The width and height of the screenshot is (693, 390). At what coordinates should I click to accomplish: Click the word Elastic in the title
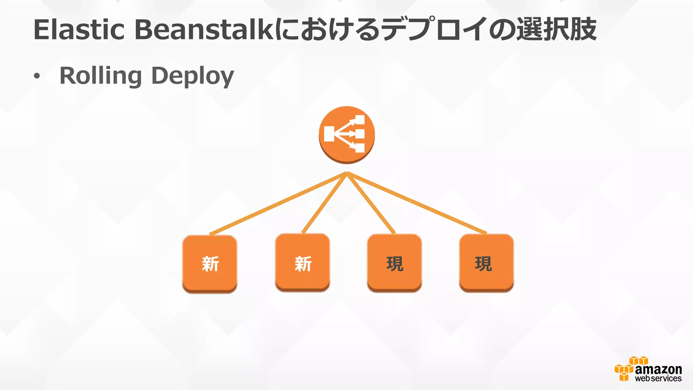click(79, 30)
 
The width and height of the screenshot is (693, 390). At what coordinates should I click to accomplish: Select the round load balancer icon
click(346, 134)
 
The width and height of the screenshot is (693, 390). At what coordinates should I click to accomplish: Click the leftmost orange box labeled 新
click(210, 264)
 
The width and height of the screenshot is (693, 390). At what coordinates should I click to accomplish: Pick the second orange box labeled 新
click(303, 263)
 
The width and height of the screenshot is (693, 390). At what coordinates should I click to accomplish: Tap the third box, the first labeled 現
click(395, 263)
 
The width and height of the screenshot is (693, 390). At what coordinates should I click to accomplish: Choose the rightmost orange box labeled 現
click(486, 263)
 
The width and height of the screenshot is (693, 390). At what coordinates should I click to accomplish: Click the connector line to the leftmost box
click(277, 203)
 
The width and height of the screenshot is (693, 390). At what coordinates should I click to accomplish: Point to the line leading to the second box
click(324, 203)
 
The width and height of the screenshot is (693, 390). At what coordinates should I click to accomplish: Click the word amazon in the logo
click(658, 369)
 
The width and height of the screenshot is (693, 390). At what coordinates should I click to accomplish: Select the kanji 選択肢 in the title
click(556, 30)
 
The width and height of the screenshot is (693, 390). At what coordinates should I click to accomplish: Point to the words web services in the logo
click(658, 378)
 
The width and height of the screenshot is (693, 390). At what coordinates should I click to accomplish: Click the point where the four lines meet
click(347, 173)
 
